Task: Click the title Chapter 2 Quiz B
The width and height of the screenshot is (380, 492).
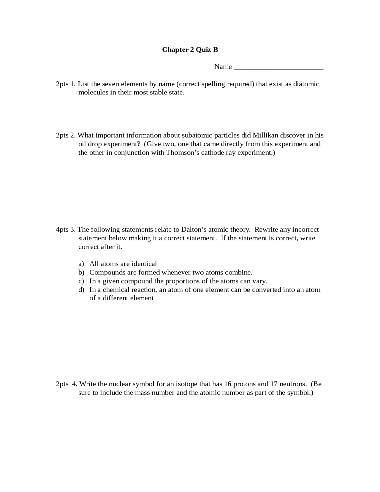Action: pyautogui.click(x=190, y=50)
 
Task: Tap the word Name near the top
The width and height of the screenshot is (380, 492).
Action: pyautogui.click(x=223, y=67)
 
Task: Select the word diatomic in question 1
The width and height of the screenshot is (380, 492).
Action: pyautogui.click(x=306, y=84)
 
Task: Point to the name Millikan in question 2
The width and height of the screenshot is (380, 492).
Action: pyautogui.click(x=265, y=135)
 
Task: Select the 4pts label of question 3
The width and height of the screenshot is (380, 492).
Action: pyautogui.click(x=62, y=230)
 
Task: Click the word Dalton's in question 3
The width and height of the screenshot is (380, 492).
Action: pyautogui.click(x=194, y=230)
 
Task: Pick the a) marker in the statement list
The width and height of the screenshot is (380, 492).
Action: pyautogui.click(x=81, y=264)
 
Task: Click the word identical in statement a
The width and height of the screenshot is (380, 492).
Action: pyautogui.click(x=144, y=264)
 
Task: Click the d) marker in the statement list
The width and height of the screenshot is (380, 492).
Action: pyautogui.click(x=81, y=290)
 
